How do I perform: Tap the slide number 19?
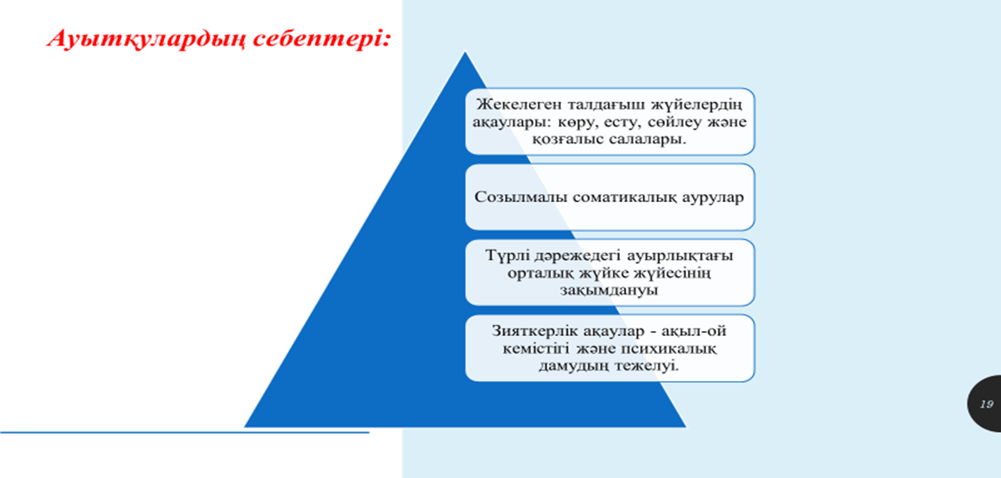tap(986, 404)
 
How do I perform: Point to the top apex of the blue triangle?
tap(465, 52)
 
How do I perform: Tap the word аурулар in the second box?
tap(713, 198)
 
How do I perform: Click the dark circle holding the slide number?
tap(985, 403)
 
